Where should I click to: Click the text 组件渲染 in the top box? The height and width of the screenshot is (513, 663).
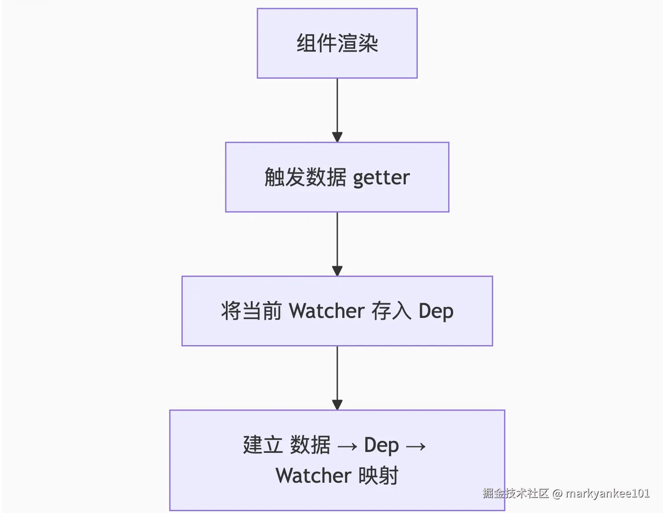click(337, 44)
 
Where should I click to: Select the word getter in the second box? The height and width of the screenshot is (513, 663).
click(381, 178)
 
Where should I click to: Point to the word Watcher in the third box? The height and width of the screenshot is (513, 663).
click(327, 311)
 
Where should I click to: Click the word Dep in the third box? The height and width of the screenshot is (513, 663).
click(436, 311)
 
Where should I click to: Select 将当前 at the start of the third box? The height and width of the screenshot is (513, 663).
click(251, 311)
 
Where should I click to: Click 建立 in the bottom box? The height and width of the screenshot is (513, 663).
click(262, 445)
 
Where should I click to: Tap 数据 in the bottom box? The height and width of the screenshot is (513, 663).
click(310, 445)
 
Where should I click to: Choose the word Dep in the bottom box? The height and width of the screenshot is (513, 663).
click(381, 445)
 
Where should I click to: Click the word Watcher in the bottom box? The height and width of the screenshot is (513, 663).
click(313, 476)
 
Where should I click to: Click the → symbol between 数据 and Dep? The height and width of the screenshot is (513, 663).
click(348, 446)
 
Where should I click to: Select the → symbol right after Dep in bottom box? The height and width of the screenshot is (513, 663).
click(416, 446)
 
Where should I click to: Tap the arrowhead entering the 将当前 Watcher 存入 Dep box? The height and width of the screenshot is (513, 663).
click(337, 271)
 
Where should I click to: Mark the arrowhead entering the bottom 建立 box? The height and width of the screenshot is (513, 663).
click(337, 404)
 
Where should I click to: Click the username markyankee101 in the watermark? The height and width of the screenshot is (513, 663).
click(607, 493)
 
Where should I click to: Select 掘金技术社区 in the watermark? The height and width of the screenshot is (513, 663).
click(516, 493)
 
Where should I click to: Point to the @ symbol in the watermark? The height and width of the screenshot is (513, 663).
click(557, 493)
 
